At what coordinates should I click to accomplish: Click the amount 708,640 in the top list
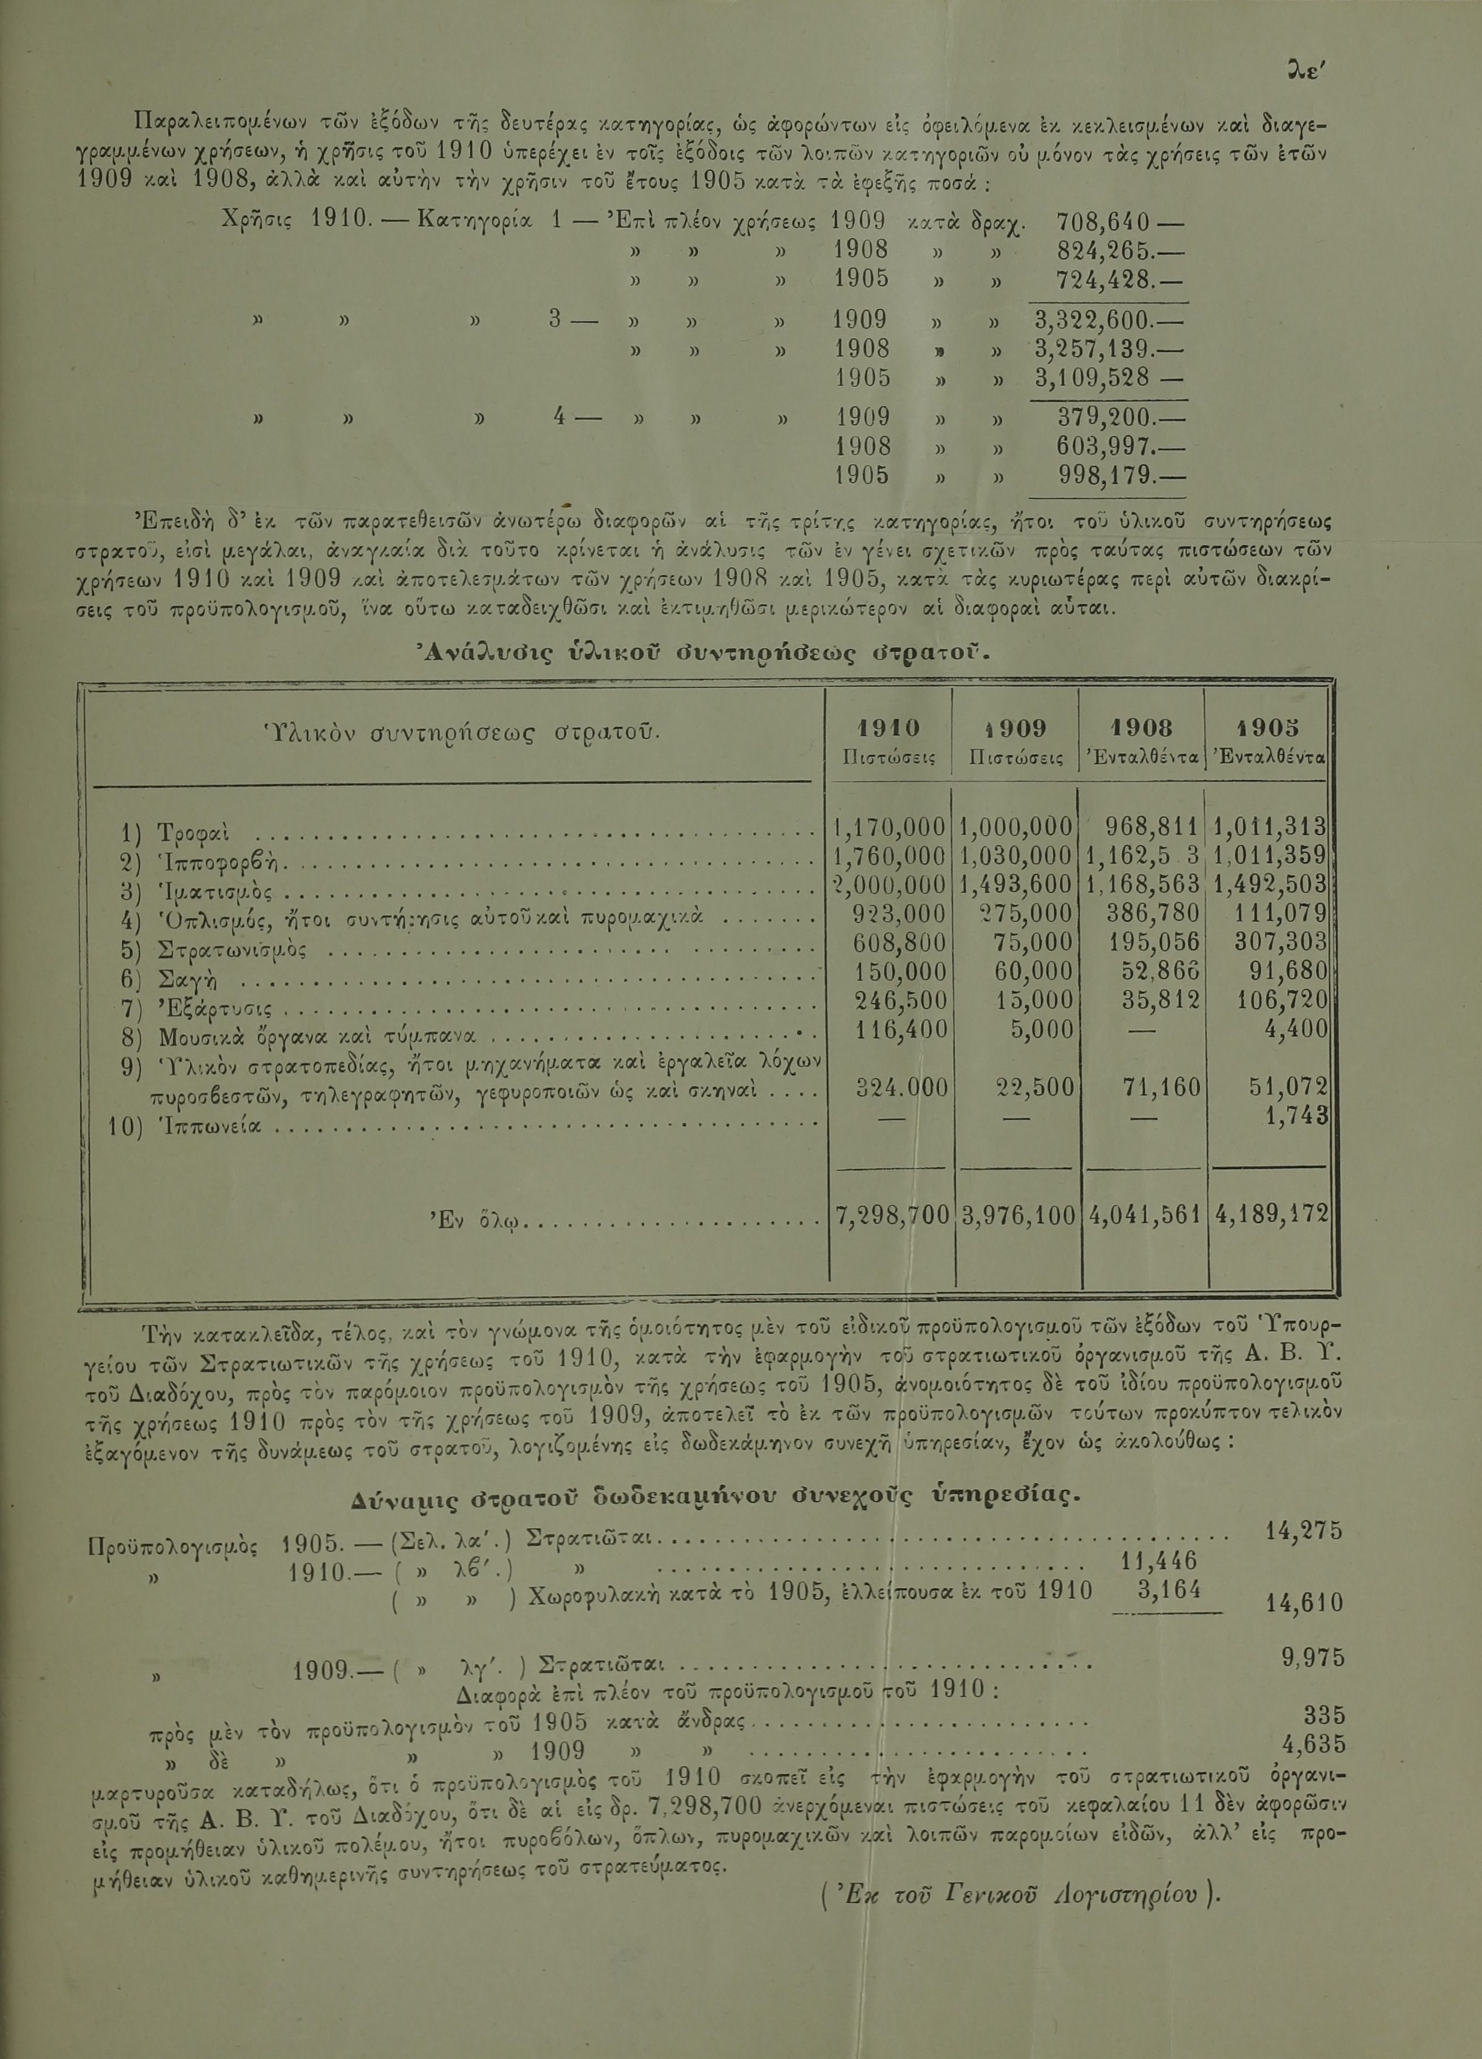point(1104,221)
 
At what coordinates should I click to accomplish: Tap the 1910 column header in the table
point(888,728)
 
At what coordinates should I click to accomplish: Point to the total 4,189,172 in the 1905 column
point(1269,1214)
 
